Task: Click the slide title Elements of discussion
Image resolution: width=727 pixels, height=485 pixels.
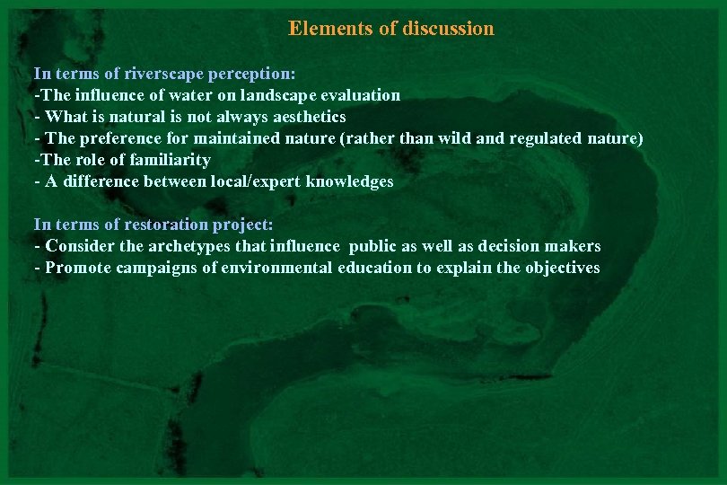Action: pos(390,29)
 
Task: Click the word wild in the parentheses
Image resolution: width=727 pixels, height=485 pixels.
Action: pos(455,138)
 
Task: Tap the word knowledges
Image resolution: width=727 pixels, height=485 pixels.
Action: pos(349,181)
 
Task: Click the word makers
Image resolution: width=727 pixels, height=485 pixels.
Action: pos(573,246)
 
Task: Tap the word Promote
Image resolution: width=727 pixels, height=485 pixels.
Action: pos(76,268)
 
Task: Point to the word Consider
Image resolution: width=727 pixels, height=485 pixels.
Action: pos(79,246)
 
